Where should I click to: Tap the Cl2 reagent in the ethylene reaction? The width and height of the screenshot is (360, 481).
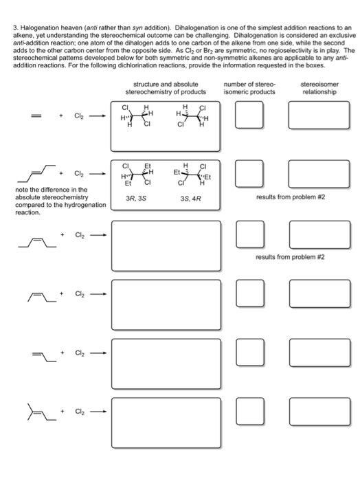pos(81,116)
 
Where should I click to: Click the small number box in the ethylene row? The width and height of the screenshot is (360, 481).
pos(245,116)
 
